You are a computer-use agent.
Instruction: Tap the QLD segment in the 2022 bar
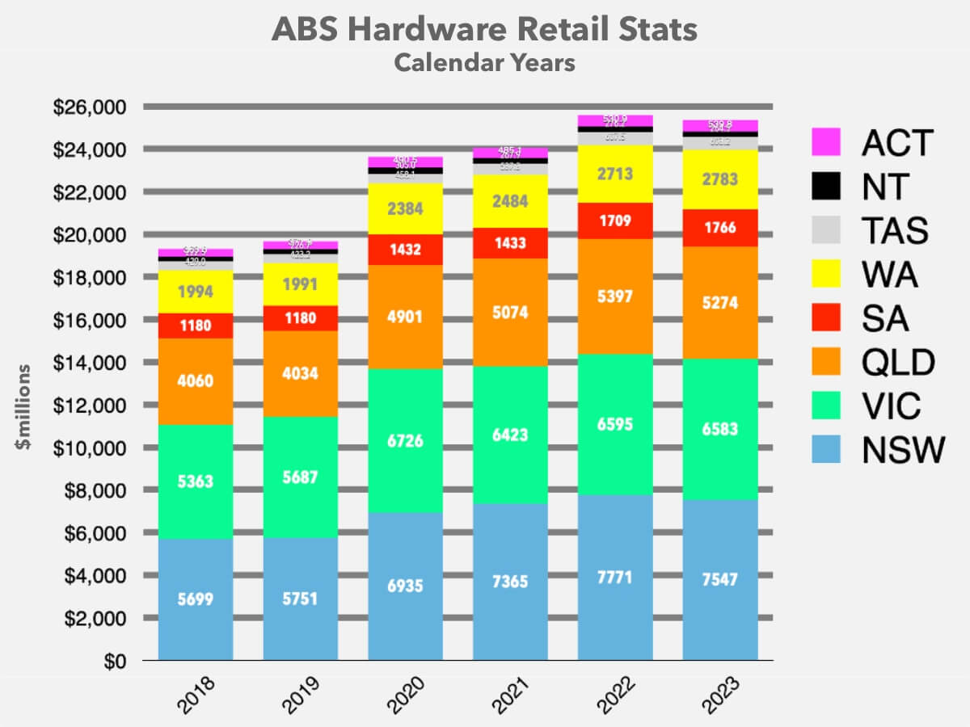[615, 296]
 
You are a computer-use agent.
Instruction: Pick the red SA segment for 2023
[720, 228]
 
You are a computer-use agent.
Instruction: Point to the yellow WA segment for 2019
[301, 285]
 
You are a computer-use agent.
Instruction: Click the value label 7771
[615, 578]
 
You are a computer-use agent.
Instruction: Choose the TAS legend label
[895, 231]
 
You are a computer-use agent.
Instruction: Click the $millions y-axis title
[24, 407]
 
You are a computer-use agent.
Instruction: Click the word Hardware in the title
[436, 30]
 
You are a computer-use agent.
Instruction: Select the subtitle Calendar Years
[485, 62]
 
